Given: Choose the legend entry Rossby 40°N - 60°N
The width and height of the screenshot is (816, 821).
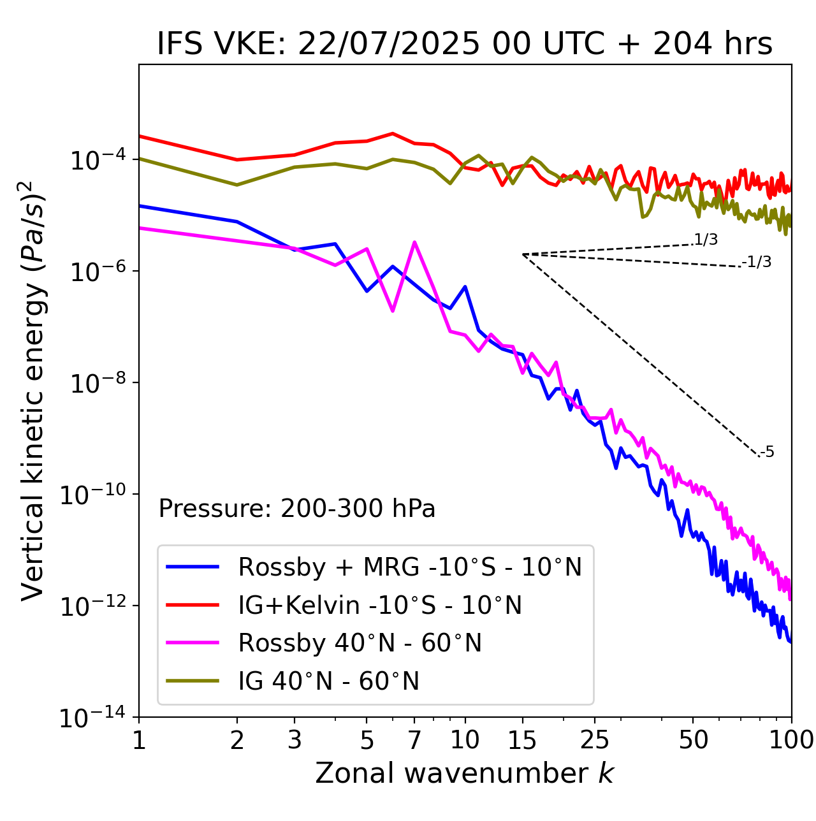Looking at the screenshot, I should (x=360, y=643).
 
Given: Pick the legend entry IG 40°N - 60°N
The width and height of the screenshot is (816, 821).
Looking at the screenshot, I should (x=328, y=681).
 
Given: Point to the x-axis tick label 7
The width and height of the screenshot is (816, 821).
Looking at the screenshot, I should (x=414, y=740).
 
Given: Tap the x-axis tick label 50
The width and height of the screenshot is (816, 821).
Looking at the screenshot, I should (x=693, y=740).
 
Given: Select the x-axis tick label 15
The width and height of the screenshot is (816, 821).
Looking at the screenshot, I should (x=522, y=740).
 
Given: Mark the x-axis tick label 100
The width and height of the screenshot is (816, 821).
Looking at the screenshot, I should (x=791, y=740).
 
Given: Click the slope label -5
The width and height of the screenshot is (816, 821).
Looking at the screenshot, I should (x=767, y=453).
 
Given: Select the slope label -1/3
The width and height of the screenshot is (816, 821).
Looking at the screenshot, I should (x=757, y=262).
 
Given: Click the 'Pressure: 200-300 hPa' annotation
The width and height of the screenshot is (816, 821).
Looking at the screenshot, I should (x=296, y=509).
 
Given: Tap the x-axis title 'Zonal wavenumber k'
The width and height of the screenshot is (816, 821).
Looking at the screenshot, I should (x=464, y=773).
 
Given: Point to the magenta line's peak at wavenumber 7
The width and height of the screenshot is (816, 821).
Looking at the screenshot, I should (x=414, y=242).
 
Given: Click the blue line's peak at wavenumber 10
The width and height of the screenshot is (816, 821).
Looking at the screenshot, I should (x=465, y=287).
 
